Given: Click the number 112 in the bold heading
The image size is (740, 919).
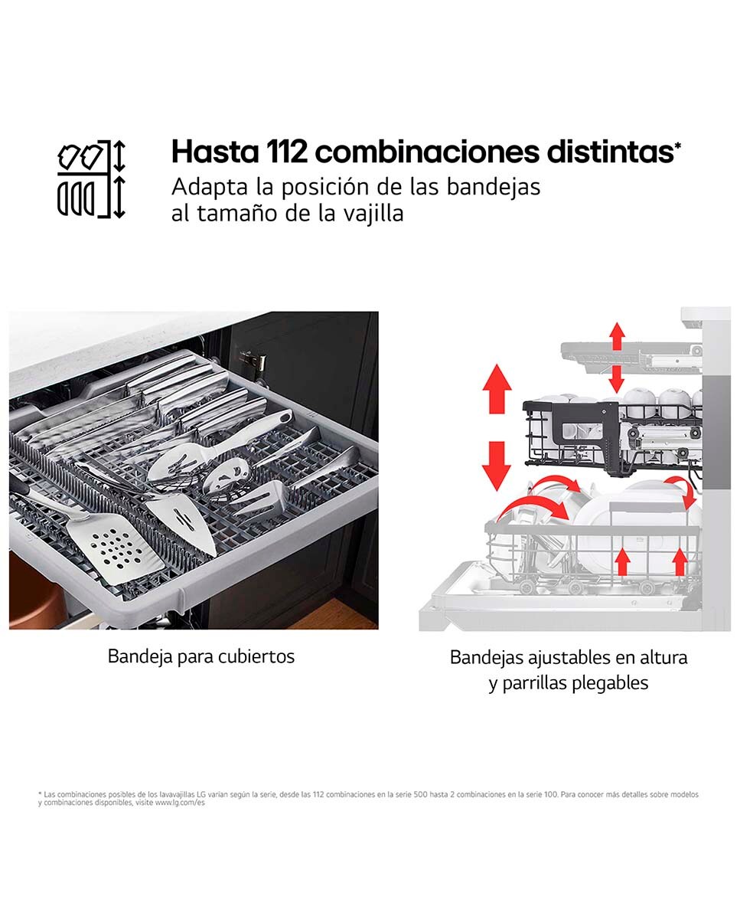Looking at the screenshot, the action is pyautogui.click(x=286, y=152).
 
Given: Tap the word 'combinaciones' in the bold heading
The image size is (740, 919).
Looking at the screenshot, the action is pyautogui.click(x=427, y=152).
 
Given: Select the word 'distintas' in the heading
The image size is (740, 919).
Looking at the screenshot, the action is pyautogui.click(x=610, y=152).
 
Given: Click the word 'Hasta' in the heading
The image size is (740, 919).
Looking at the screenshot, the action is pyautogui.click(x=215, y=152).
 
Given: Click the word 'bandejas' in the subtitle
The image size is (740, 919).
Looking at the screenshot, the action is pyautogui.click(x=493, y=188).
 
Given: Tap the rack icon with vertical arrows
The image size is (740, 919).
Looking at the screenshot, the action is pyautogui.click(x=91, y=179).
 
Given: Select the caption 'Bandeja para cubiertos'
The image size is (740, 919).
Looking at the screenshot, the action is pyautogui.click(x=201, y=656).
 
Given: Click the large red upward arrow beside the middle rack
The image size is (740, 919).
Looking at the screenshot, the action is pyautogui.click(x=497, y=388).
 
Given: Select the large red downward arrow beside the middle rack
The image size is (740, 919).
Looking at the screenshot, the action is pyautogui.click(x=497, y=466).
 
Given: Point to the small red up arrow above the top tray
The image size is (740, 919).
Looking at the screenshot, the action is pyautogui.click(x=617, y=336).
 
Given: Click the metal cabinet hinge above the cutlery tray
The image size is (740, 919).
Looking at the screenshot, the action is pyautogui.click(x=253, y=361).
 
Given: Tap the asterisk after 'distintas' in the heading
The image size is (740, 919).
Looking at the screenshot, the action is pyautogui.click(x=678, y=146).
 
